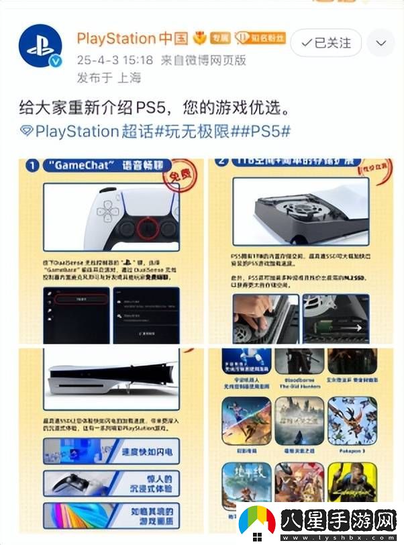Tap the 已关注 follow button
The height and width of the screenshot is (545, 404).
(x=326, y=42)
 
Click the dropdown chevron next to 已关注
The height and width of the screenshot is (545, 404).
(x=381, y=43)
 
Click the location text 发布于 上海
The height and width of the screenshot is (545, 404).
(x=108, y=79)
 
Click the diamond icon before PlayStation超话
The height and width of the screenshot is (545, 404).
(x=26, y=131)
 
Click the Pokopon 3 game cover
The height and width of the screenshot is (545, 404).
(x=352, y=420)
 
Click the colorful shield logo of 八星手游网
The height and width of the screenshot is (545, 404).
(x=258, y=521)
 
